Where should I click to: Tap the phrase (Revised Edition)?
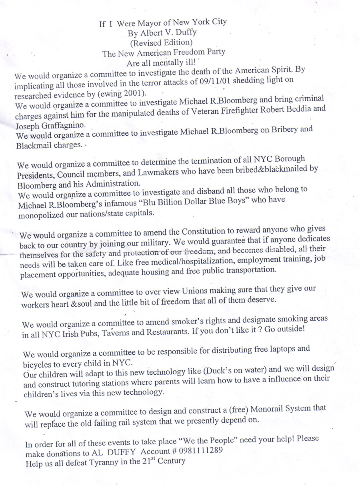(161, 42)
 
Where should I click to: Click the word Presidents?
(37, 175)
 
